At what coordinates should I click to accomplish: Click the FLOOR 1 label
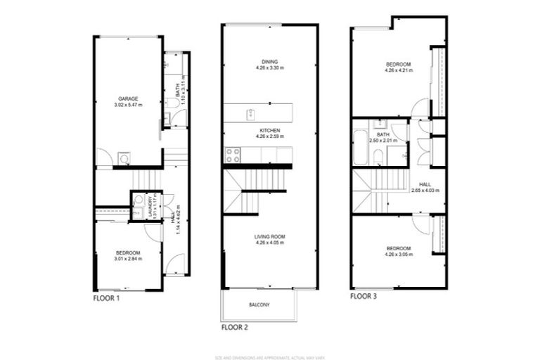108,298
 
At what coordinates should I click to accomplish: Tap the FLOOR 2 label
235,327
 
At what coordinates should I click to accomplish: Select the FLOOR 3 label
364,297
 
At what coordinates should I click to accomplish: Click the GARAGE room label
127,98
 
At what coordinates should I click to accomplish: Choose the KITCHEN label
270,131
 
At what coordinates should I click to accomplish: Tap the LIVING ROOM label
270,236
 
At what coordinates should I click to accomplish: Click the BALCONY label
259,304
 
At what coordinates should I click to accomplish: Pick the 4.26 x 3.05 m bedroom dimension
398,254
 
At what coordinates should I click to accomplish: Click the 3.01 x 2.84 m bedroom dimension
128,259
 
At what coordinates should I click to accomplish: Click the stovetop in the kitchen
233,152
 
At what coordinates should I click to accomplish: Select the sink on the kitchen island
250,113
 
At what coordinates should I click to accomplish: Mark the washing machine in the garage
124,158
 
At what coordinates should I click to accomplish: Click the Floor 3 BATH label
382,134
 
